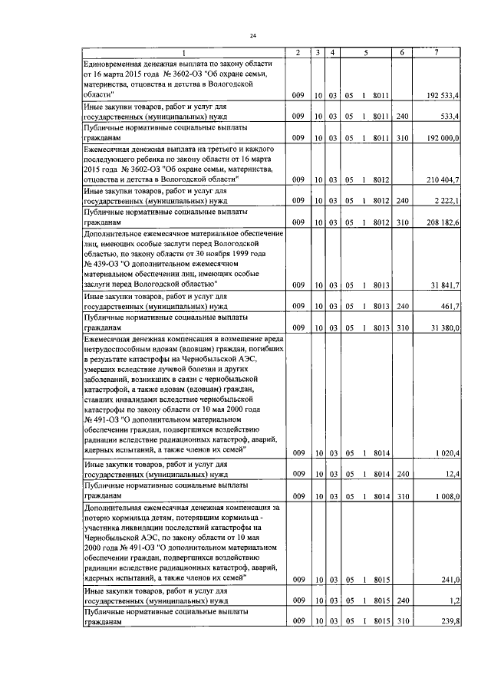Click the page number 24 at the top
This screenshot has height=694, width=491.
(252, 36)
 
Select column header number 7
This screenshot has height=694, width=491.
(436, 51)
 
